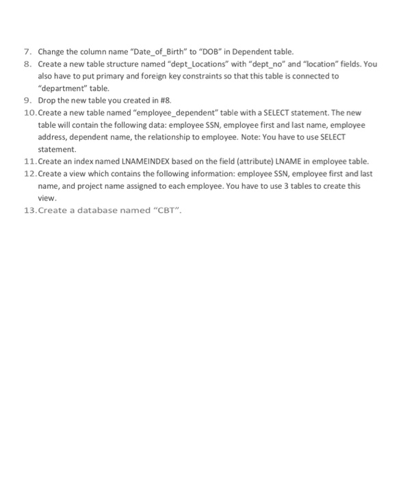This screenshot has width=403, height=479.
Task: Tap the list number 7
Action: pos(27,51)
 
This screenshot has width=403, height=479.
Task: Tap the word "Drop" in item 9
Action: pos(47,101)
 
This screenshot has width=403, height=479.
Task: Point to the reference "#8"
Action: pos(146,101)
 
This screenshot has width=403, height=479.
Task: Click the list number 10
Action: pos(29,113)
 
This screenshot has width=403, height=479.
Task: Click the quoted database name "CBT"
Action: pos(170,210)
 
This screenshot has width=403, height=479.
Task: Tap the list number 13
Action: pos(29,210)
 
